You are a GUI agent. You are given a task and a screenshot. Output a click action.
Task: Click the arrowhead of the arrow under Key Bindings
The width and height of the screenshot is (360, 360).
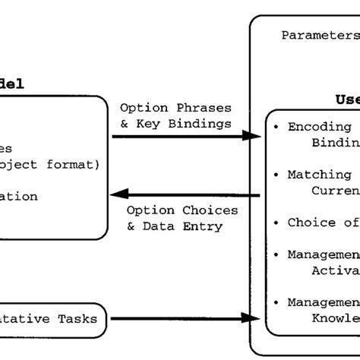point(252,137)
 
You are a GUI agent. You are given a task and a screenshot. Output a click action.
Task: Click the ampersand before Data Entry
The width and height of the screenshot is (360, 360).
point(131,226)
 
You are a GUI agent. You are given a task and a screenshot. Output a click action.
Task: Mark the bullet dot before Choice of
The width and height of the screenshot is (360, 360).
point(276,223)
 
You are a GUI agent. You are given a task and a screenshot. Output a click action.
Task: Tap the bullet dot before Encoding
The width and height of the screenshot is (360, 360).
point(276,127)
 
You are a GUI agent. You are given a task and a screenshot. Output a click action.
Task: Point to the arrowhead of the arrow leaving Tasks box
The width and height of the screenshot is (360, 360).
point(252,318)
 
